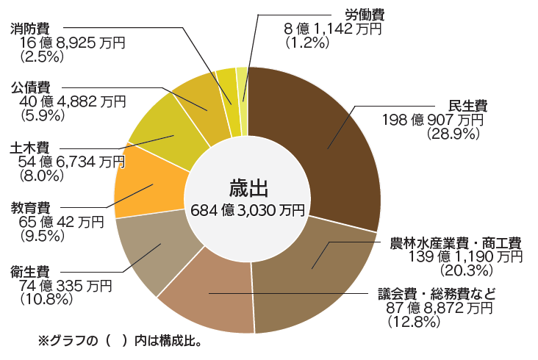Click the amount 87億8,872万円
tap(439, 308)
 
